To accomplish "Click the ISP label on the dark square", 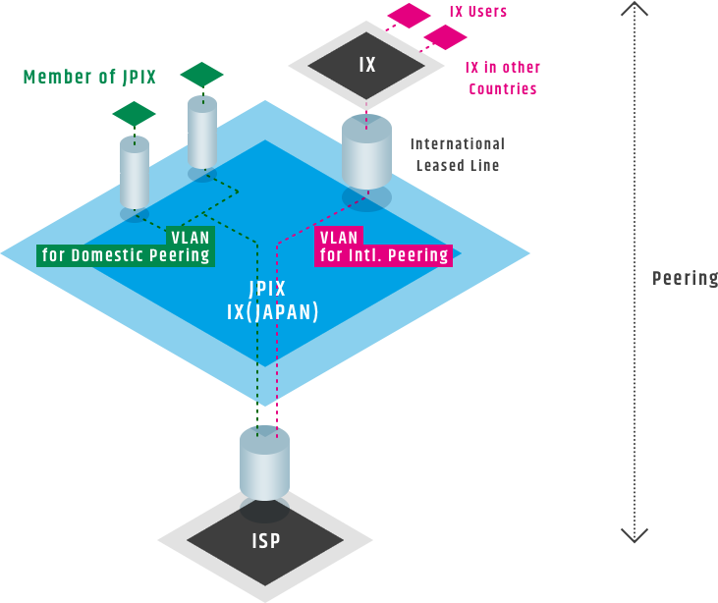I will click(x=265, y=540).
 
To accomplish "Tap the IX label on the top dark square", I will click(x=366, y=65).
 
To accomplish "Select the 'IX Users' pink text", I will click(x=477, y=13).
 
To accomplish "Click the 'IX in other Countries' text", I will click(x=502, y=78).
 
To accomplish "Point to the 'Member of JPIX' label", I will click(x=89, y=77).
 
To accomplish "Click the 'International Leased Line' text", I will click(x=457, y=154).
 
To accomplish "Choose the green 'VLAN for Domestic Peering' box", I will click(x=125, y=246).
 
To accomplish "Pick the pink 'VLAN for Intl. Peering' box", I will click(x=383, y=246).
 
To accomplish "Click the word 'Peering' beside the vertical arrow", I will click(x=686, y=278).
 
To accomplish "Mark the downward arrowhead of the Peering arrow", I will click(x=635, y=534).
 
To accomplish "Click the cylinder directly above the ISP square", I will click(x=264, y=464).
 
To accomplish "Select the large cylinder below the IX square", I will click(x=366, y=153).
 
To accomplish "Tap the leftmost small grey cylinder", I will click(x=135, y=174).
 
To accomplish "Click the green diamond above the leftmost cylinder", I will click(x=134, y=114).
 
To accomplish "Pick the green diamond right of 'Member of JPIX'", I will click(x=201, y=75).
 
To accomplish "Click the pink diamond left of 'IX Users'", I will click(x=410, y=15).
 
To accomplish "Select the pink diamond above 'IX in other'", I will click(x=445, y=37).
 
